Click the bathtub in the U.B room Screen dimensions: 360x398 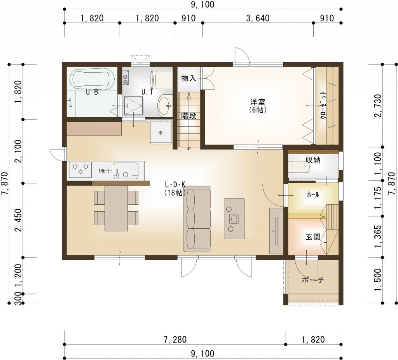[92, 79]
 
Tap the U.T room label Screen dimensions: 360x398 [147, 92]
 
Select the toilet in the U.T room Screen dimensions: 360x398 [164, 105]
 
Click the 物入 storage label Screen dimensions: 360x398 [189, 78]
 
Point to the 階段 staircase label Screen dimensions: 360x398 [189, 116]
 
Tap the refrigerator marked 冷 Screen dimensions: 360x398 [161, 133]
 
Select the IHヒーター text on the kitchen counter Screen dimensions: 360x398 [105, 170]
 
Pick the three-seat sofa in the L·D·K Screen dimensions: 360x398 [197, 219]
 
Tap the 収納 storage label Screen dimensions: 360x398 [313, 160]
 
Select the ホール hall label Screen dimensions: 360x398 [313, 195]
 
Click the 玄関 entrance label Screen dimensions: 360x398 [312, 237]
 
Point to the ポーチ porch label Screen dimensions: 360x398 [312, 280]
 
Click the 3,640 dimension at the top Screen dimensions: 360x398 [258, 18]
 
